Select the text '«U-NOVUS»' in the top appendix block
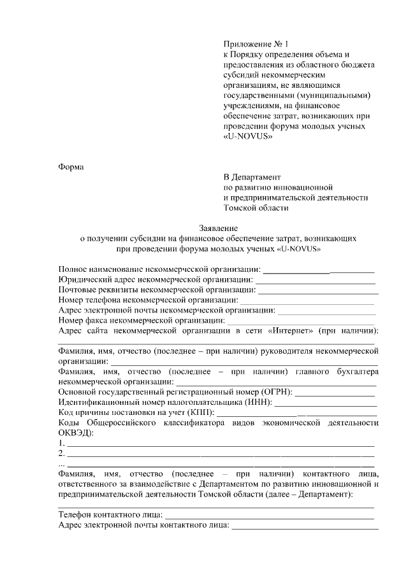[x=243, y=136]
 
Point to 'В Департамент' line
[x=252, y=176]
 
